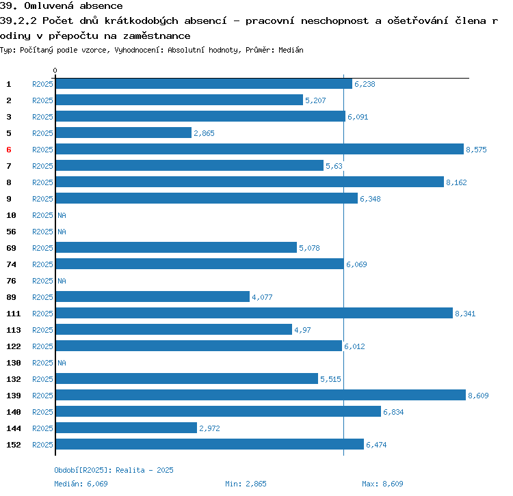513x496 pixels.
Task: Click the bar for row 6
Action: click(x=259, y=149)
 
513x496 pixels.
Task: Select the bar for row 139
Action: click(x=260, y=395)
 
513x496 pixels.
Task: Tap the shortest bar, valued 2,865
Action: click(x=123, y=133)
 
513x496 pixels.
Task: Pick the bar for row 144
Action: click(x=126, y=428)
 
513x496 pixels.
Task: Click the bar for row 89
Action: click(x=153, y=297)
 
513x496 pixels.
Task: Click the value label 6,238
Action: click(x=365, y=84)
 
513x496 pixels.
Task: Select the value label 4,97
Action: click(x=302, y=330)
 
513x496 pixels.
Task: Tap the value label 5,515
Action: click(x=330, y=379)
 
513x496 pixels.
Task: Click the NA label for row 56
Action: click(x=62, y=232)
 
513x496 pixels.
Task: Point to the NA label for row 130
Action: click(x=62, y=363)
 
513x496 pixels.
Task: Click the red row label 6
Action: click(x=9, y=150)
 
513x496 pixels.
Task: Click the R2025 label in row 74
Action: click(x=42, y=264)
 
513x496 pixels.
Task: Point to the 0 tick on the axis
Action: click(x=55, y=70)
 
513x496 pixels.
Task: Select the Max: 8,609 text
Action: click(x=382, y=484)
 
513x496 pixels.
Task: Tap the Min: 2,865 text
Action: click(x=244, y=484)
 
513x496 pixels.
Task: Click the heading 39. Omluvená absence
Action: click(x=62, y=6)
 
